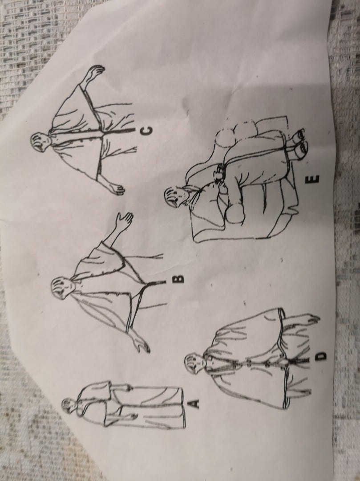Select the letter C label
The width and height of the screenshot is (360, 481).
tap(146, 131)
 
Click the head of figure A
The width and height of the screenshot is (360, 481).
tap(69, 405)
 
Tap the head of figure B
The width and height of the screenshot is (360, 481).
tap(60, 287)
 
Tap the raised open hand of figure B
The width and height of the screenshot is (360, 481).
tap(125, 220)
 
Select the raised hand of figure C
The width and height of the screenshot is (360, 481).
tap(95, 73)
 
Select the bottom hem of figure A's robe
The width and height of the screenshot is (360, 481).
tap(183, 408)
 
